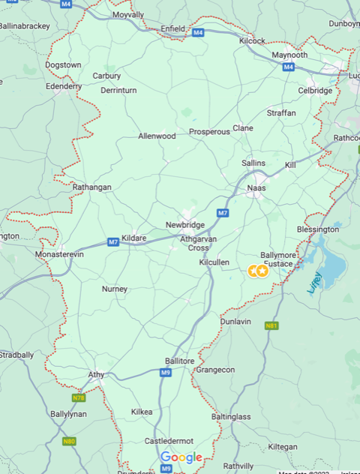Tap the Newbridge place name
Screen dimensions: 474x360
[x=184, y=225]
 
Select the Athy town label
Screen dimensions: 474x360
[x=96, y=374]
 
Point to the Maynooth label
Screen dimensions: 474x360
[x=289, y=55]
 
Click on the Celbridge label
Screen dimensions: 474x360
[x=315, y=91]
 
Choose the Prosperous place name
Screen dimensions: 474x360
[x=209, y=132]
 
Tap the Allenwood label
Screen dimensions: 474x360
[x=157, y=136]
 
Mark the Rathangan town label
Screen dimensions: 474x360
[x=91, y=187]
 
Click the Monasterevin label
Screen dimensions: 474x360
[x=61, y=255]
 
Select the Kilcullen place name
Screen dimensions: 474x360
[x=214, y=262]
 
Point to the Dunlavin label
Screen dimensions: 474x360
[x=235, y=321]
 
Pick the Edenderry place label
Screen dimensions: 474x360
[x=64, y=86]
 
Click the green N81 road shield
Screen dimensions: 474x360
[x=271, y=325]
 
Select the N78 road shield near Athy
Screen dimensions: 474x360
[x=79, y=397]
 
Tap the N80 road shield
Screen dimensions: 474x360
[x=70, y=441]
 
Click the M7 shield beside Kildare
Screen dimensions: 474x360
[x=113, y=241]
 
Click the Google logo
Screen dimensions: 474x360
[x=181, y=457]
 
